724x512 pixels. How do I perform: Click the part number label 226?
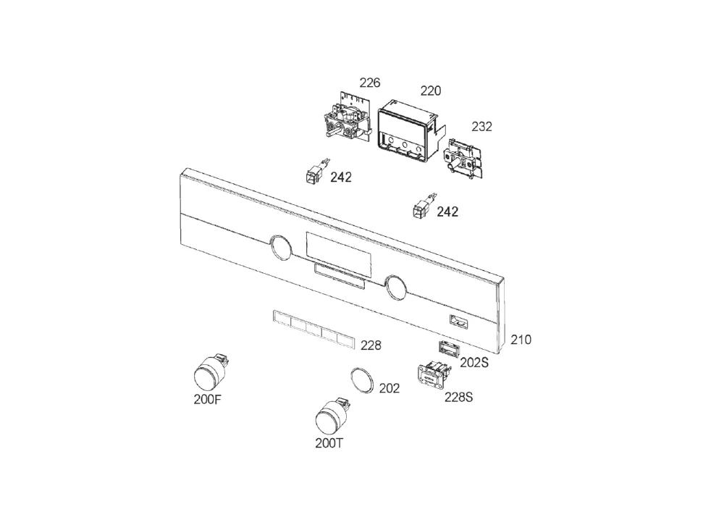pyautogui.click(x=369, y=83)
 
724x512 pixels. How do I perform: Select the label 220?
pyautogui.click(x=430, y=91)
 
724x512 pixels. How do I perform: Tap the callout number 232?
pyautogui.click(x=481, y=127)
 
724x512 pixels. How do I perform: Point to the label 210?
pyautogui.click(x=521, y=340)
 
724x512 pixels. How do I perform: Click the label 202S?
pyautogui.click(x=474, y=362)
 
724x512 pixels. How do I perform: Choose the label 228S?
pyautogui.click(x=458, y=397)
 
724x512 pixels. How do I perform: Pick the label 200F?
pyautogui.click(x=207, y=399)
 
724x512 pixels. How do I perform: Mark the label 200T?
pyautogui.click(x=329, y=443)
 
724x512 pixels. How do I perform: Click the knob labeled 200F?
pyautogui.click(x=211, y=372)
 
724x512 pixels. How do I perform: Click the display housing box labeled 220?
pyautogui.click(x=408, y=132)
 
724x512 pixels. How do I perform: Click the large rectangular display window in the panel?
pyautogui.click(x=338, y=253)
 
